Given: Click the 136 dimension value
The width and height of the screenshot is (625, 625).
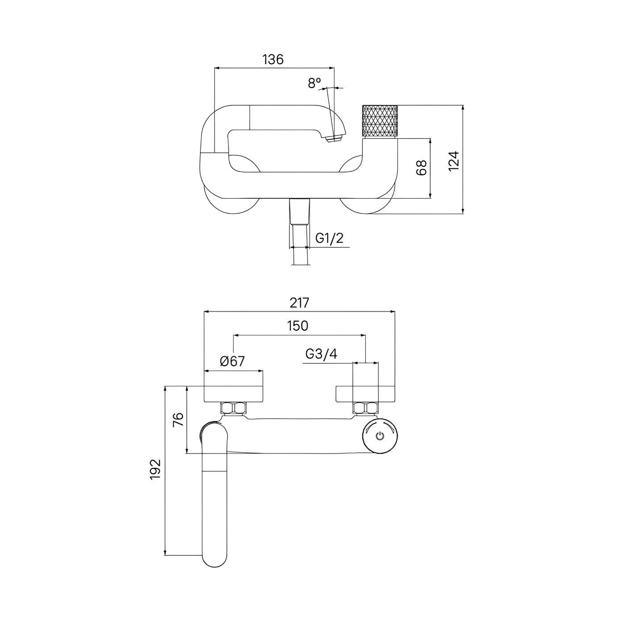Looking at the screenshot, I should coord(273,59).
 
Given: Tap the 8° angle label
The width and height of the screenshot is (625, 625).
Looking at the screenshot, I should coord(314,83).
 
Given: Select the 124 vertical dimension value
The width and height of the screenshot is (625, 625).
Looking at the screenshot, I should coord(454,161).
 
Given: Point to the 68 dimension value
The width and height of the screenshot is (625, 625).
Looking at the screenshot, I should coord(421,168).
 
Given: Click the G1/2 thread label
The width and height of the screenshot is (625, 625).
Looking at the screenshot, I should coord(329,238).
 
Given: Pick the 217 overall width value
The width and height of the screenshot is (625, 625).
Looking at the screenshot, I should coord(299,303).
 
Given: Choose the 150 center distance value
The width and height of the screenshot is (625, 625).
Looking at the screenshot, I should coord(298,326).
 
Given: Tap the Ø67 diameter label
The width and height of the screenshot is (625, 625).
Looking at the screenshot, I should coord(233,361).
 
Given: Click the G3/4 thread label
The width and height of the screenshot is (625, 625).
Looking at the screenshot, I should coord(321,354).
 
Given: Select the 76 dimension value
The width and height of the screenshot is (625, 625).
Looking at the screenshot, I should coord(178,420).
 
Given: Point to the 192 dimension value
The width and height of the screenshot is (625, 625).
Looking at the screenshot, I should coord(155,469).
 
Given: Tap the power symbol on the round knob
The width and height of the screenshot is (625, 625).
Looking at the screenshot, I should coord(380,436).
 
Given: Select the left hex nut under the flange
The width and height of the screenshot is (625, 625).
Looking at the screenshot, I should coord(233,408).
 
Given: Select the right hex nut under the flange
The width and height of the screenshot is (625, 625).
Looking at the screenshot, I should coord(365,408).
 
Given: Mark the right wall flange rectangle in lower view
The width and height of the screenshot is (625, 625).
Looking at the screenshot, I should coord(365,393).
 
